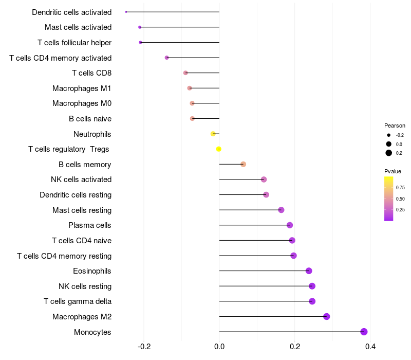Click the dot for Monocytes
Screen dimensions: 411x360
(364, 332)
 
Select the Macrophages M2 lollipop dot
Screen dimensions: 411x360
(326, 316)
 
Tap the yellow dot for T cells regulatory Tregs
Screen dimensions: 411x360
(219, 149)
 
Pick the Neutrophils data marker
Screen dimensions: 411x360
(213, 134)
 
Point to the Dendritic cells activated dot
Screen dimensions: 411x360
(126, 12)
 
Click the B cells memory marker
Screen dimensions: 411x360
(243, 164)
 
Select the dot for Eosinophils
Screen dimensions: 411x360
(309, 271)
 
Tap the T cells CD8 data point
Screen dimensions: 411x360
(185, 73)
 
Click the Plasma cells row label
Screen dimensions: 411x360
(89, 225)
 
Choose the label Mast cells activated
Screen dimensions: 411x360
(78, 27)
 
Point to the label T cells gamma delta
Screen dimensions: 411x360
(78, 301)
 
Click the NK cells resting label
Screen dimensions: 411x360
(85, 286)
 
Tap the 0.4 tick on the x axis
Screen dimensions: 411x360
(370, 347)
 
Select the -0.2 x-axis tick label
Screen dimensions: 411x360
(144, 347)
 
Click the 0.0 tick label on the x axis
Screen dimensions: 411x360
(219, 347)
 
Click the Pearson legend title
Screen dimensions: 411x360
(395, 125)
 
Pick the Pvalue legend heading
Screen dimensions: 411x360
(393, 171)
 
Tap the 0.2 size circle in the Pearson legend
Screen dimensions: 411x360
(389, 153)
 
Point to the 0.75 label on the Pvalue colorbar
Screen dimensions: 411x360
(400, 187)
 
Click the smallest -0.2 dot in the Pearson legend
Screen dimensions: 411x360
(389, 135)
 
